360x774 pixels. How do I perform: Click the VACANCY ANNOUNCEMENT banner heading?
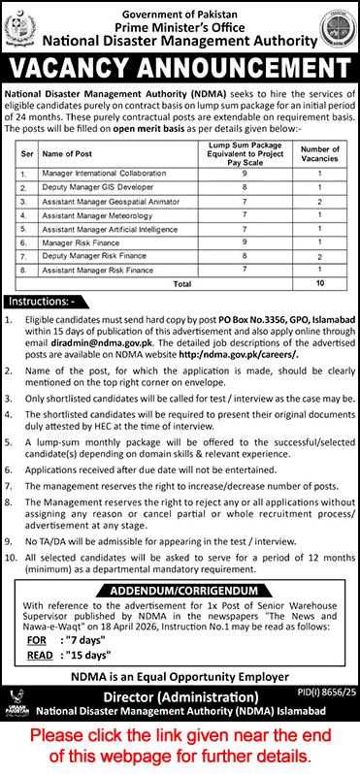pos(180,71)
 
